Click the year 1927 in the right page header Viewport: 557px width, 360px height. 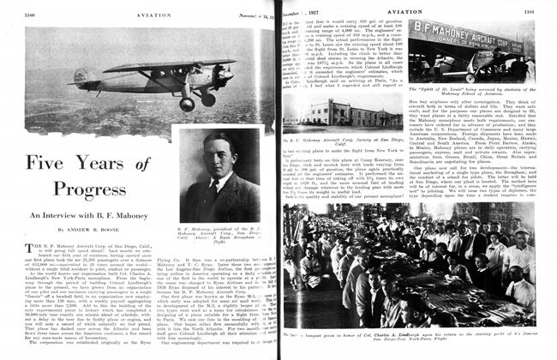click(x=303, y=11)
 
